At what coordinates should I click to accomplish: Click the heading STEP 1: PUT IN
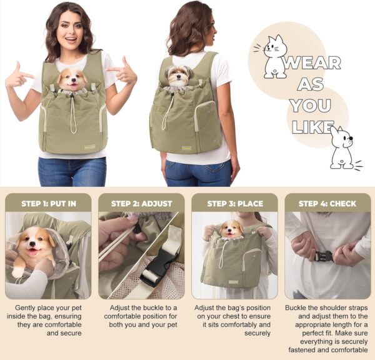pyautogui.click(x=49, y=204)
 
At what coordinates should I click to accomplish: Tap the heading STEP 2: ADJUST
pyautogui.click(x=142, y=204)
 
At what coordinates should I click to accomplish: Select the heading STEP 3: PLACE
pyautogui.click(x=235, y=204)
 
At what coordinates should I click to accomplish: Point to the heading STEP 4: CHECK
pyautogui.click(x=327, y=204)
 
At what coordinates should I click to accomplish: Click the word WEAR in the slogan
pyautogui.click(x=312, y=63)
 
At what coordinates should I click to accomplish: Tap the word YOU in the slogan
pyautogui.click(x=311, y=106)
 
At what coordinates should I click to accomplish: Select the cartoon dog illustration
pyautogui.click(x=344, y=148)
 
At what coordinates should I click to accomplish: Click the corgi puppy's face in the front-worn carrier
pyautogui.click(x=72, y=79)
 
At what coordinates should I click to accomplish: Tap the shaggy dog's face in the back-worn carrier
pyautogui.click(x=179, y=76)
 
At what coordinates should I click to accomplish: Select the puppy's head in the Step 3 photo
pyautogui.click(x=231, y=229)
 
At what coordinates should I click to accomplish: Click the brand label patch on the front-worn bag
pyautogui.click(x=89, y=147)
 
